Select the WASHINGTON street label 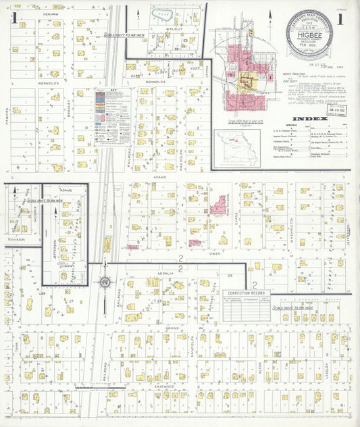click(292, 226)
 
